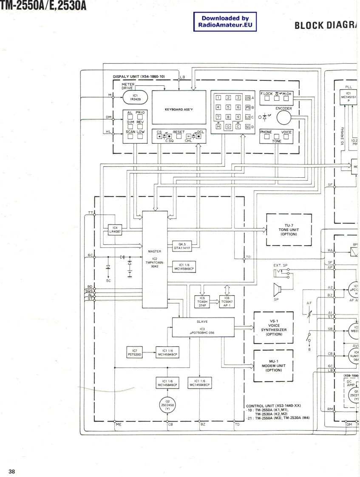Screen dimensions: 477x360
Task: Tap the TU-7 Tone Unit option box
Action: [x=288, y=230]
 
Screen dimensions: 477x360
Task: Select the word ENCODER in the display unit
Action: [x=283, y=108]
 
